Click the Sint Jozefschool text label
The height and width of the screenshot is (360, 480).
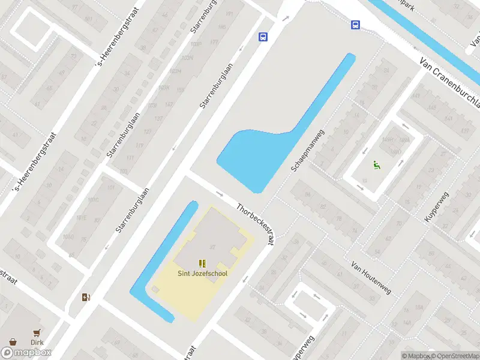(202, 274)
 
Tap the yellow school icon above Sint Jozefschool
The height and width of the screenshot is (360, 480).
(202, 263)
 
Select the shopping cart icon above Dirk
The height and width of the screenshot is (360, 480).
(37, 332)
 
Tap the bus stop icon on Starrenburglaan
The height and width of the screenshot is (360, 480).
(263, 37)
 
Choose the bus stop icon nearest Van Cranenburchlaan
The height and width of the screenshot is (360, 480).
(355, 25)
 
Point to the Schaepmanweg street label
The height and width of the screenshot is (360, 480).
(307, 151)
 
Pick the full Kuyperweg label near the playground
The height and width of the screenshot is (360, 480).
(437, 207)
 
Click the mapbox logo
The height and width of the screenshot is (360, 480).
(26, 353)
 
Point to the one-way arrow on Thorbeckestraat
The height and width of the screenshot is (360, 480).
(219, 194)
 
